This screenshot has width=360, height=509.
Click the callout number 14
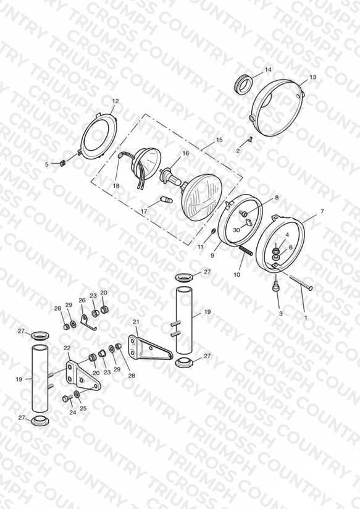pos(268,69)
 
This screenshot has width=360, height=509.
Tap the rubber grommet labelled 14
pos(243,84)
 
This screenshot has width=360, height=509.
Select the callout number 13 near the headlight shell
pos(312,77)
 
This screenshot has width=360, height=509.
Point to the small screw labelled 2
pos(250,140)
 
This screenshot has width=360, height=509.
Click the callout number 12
pos(115,101)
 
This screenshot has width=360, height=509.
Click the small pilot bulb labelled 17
pos(165,199)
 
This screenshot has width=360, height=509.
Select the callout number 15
pos(219,140)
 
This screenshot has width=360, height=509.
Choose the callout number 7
pos(322,211)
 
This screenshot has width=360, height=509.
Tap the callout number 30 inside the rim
pos(237,230)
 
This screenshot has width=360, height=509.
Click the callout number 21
pos(136,322)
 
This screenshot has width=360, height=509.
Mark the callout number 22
pos(67,348)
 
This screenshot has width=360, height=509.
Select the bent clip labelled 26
pos(88,322)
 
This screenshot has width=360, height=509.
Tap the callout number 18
pos(116,186)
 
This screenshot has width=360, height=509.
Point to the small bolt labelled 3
pos(276,287)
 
